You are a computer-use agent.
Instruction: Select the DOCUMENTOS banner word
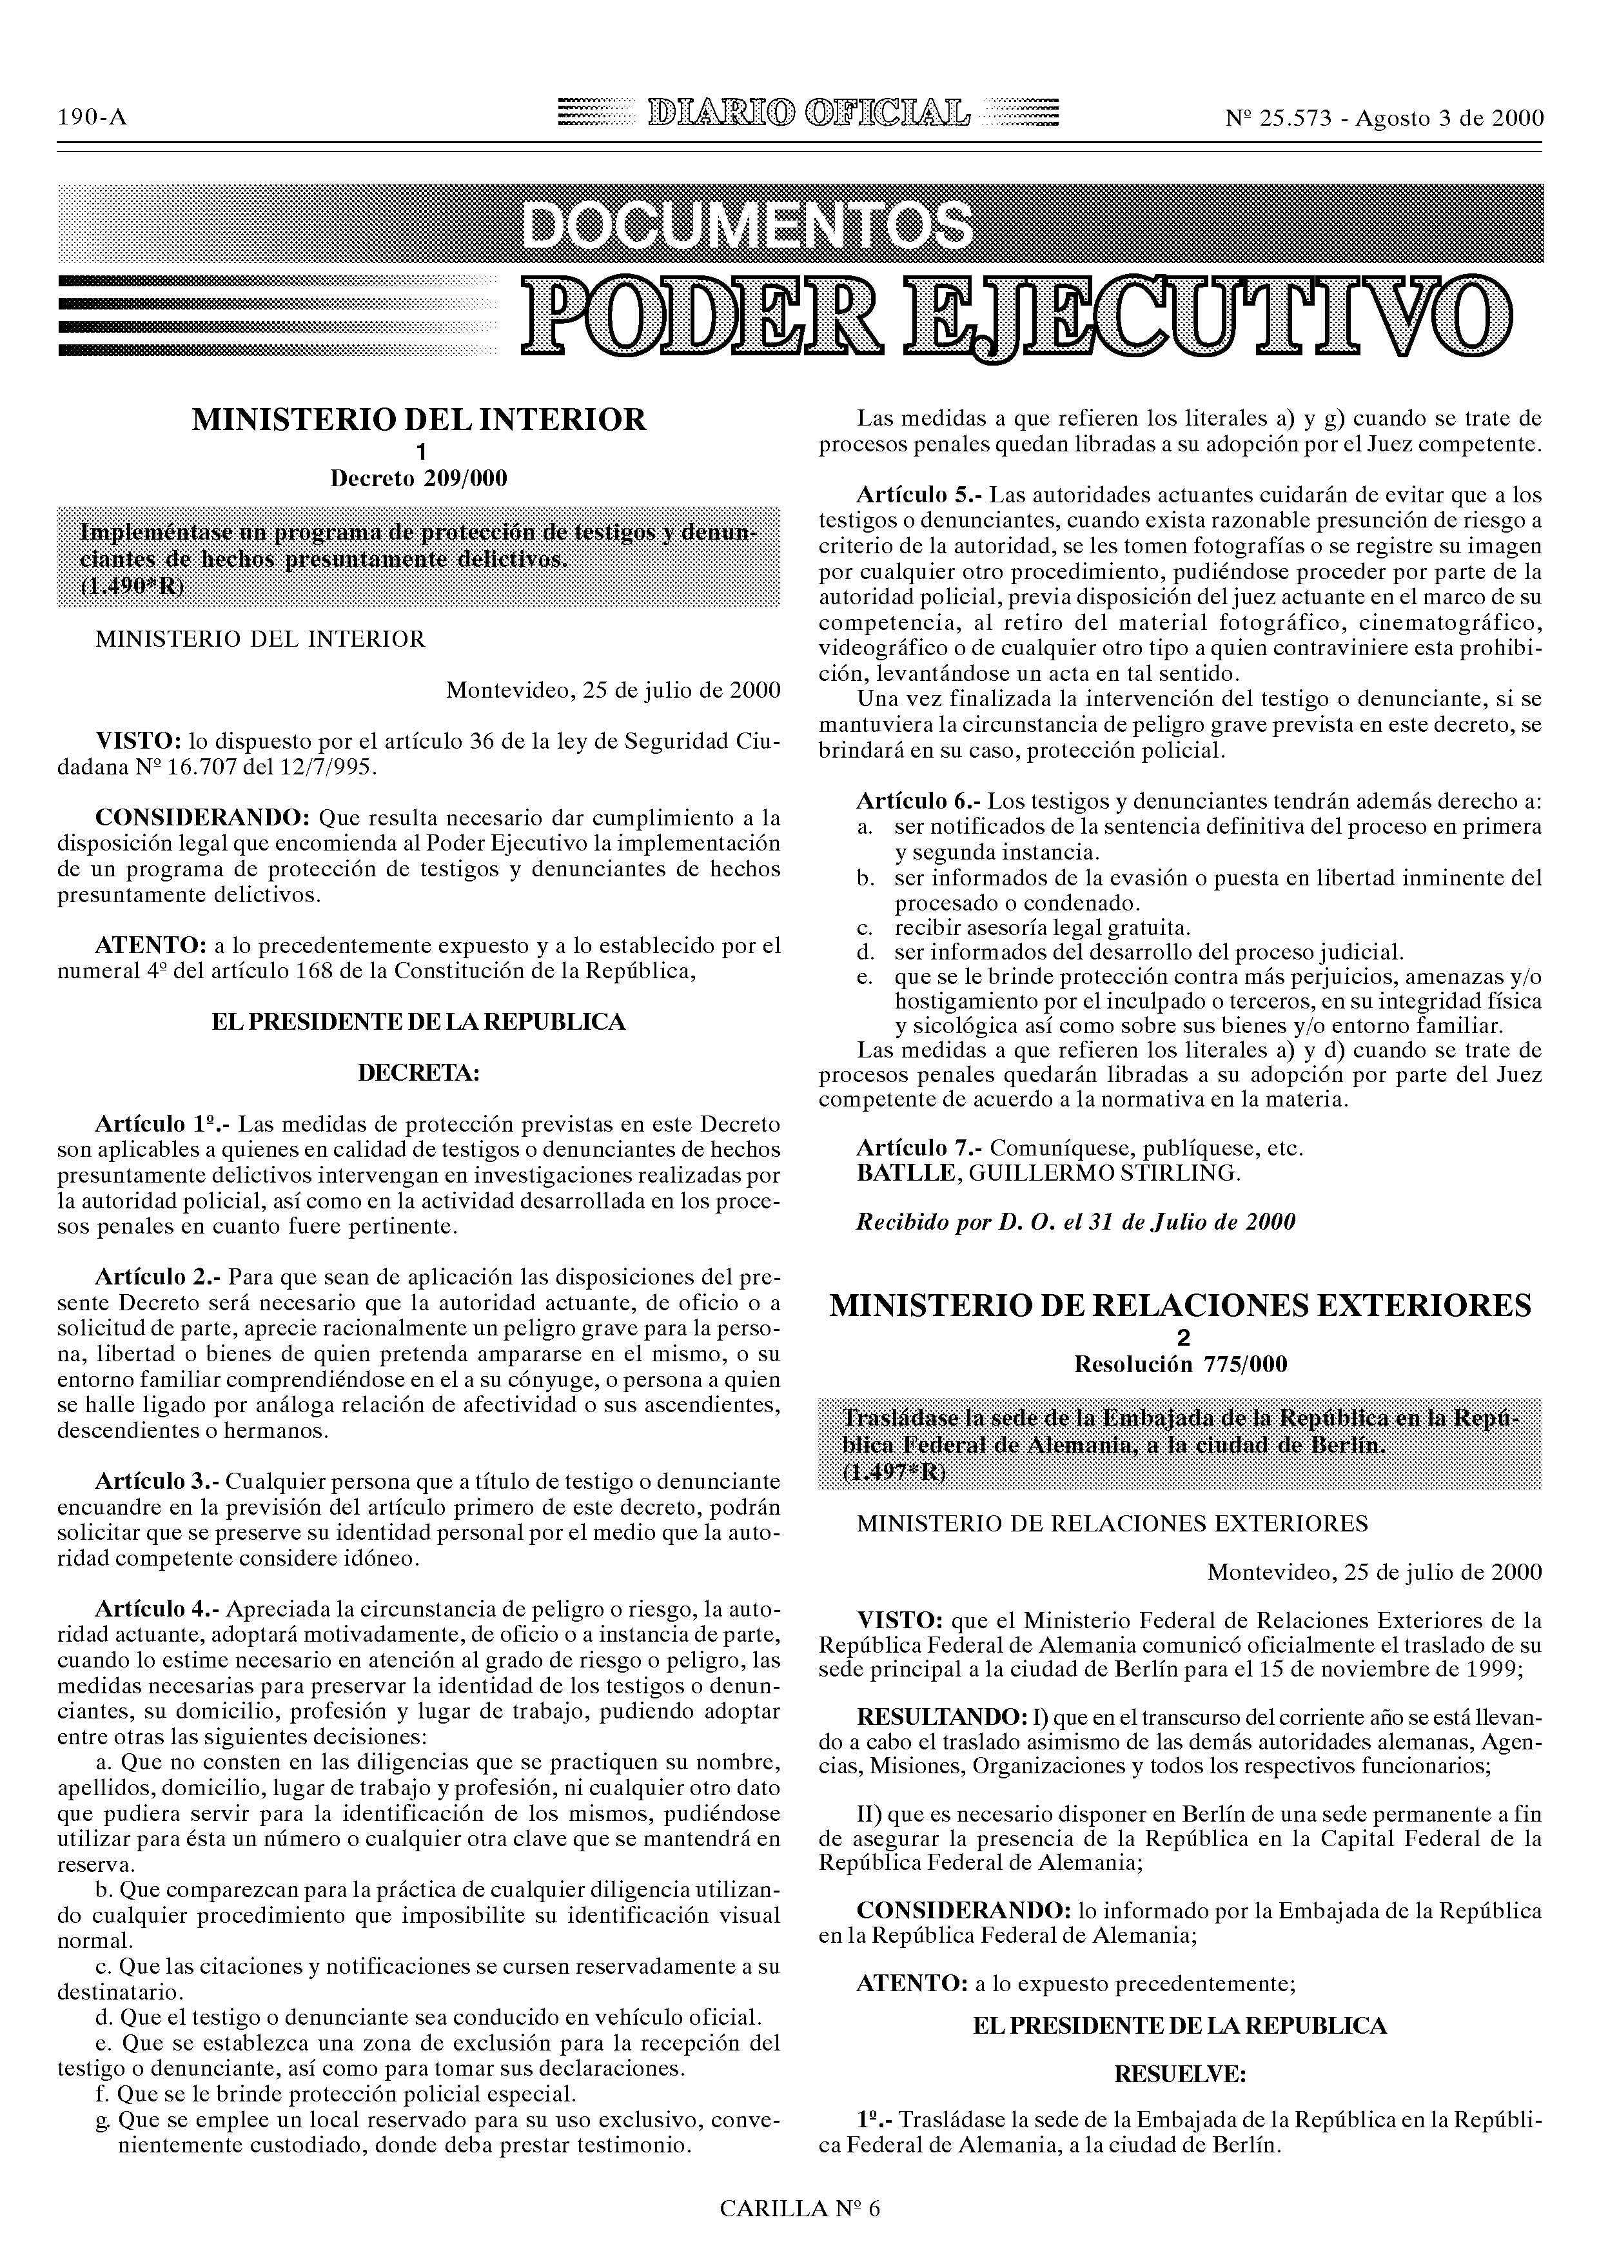click(x=746, y=226)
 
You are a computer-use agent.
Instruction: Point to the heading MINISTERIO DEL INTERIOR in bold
click(x=418, y=420)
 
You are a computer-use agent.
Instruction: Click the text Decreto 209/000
click(x=418, y=479)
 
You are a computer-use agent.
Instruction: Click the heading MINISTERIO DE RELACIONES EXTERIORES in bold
click(x=1181, y=1306)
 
